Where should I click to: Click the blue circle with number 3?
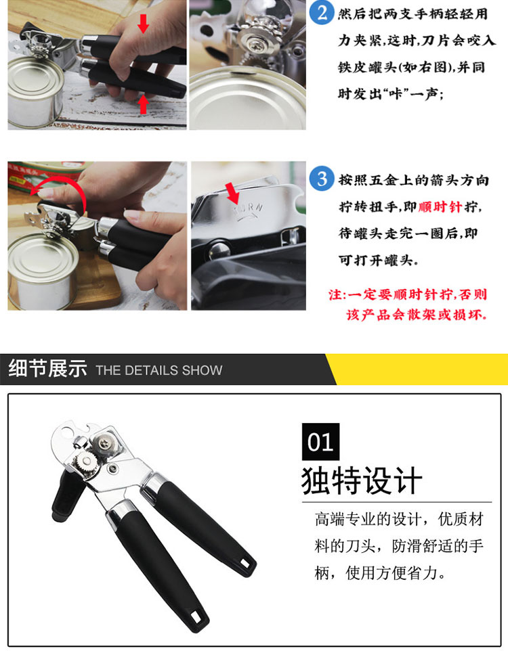click(x=322, y=179)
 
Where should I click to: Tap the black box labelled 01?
click(x=320, y=441)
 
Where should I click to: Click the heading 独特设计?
click(x=362, y=480)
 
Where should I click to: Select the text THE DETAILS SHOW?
click(x=158, y=370)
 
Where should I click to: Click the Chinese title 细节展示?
click(x=48, y=368)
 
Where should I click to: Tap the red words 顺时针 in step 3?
click(x=440, y=206)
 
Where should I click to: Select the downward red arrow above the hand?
click(x=143, y=23)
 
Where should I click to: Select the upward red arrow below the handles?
click(x=143, y=105)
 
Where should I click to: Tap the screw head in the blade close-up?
click(x=253, y=41)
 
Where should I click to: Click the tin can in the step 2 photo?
click(x=36, y=91)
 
